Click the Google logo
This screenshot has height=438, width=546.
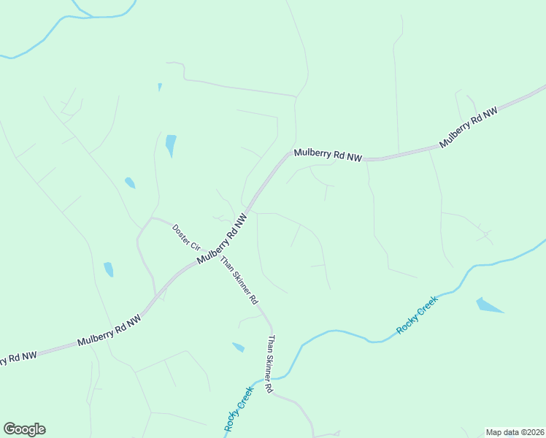(x=24, y=429)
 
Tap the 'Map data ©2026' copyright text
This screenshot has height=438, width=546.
(x=515, y=432)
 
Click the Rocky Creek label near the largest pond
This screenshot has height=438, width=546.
(x=417, y=315)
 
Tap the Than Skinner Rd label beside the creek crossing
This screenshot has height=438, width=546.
(x=270, y=364)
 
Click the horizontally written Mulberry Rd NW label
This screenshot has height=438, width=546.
(x=328, y=155)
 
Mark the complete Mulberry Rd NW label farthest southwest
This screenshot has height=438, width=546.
(x=109, y=331)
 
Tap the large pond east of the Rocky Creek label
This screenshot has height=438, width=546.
(x=488, y=305)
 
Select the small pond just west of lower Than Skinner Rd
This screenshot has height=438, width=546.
(x=238, y=347)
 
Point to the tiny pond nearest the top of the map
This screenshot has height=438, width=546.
(x=160, y=87)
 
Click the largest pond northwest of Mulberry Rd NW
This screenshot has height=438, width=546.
(x=171, y=145)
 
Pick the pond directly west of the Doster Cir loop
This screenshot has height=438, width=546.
(x=109, y=269)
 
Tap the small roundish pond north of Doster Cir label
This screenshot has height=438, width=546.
(x=130, y=182)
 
